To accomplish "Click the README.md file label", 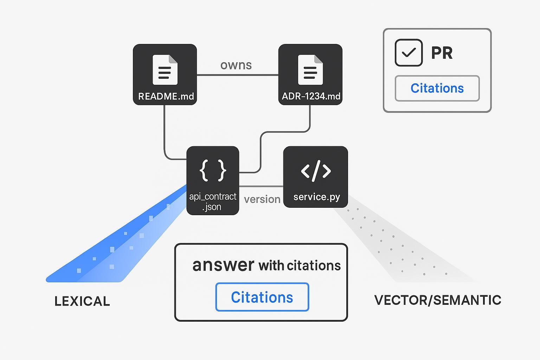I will tap(166, 96).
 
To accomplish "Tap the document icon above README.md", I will tap(165, 70).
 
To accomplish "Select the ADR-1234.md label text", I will tap(311, 96).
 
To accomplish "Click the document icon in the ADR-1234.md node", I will tap(310, 70).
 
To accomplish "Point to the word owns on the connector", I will tap(236, 65).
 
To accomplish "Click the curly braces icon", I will tap(213, 170).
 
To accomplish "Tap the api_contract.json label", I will tap(213, 201).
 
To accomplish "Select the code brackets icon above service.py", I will tap(316, 171).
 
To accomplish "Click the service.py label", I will tap(316, 197).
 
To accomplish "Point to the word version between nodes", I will tap(262, 199).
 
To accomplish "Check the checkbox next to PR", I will tap(409, 53).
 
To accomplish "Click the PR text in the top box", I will tap(442, 53).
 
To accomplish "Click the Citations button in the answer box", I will tap(262, 297).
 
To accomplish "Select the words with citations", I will tap(300, 266).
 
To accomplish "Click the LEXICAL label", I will tap(82, 301).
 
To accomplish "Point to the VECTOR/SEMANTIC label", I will tap(438, 300).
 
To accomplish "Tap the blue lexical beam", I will tap(116, 246).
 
